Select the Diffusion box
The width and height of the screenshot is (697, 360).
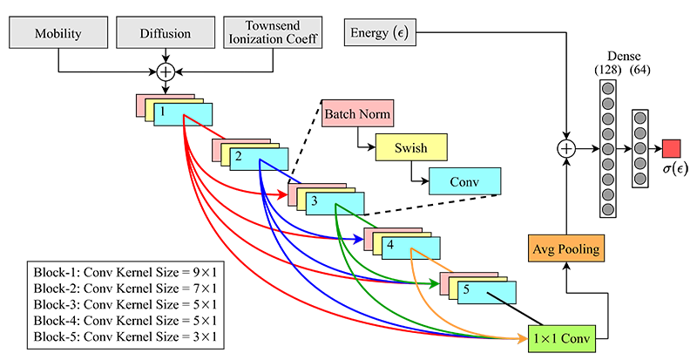point(164,35)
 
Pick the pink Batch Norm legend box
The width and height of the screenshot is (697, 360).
point(357,114)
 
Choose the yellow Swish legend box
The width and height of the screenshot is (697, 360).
point(411,147)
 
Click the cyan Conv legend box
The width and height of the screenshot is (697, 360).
point(464,180)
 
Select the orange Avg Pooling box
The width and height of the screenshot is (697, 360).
point(565,248)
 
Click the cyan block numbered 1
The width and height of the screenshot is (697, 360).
point(182,114)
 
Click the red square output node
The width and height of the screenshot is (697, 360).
point(671,148)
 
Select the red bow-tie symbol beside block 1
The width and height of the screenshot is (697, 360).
point(213,130)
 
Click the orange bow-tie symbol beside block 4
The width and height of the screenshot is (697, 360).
point(442,263)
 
